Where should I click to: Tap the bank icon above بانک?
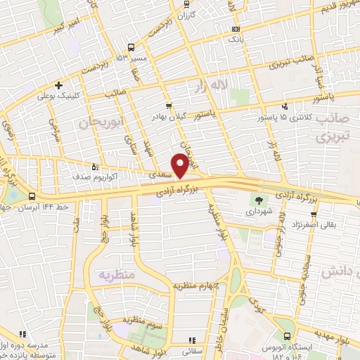[x=235, y=29]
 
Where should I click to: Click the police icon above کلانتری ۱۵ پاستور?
[x=285, y=106]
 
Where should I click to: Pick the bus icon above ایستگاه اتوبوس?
[x=285, y=337]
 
